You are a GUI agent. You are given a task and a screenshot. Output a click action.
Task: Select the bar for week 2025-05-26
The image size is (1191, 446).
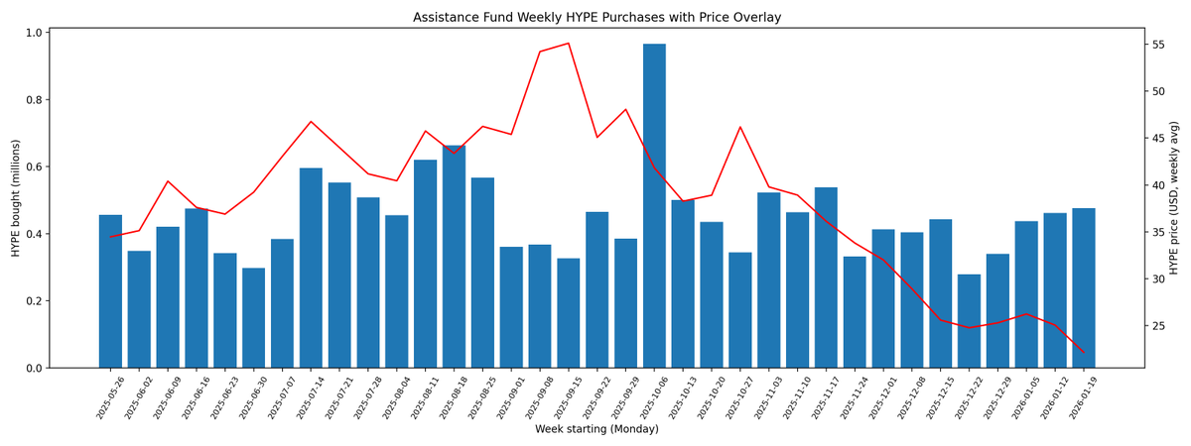110,291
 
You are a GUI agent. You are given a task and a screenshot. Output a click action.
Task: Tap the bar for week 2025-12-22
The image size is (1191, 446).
969,321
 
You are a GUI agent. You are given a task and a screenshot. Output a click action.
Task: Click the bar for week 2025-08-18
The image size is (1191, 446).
454,257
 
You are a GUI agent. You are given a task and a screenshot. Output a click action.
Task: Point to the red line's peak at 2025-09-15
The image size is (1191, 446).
569,44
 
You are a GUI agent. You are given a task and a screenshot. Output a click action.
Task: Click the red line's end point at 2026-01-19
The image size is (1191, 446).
1084,352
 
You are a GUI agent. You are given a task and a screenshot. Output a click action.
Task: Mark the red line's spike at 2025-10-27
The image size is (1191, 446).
740,127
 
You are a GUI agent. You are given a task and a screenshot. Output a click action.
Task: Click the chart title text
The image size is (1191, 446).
596,17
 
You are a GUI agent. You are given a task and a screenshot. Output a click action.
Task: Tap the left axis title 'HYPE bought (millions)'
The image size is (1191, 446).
16,198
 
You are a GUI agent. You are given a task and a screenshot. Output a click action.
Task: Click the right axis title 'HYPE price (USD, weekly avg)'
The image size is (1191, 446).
1174,198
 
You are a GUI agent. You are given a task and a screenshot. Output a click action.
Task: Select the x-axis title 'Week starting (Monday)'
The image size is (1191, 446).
596,429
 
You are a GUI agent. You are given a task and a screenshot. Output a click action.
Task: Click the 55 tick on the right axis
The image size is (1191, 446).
1157,45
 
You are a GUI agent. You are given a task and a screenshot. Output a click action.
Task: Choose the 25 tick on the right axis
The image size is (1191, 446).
1157,326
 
